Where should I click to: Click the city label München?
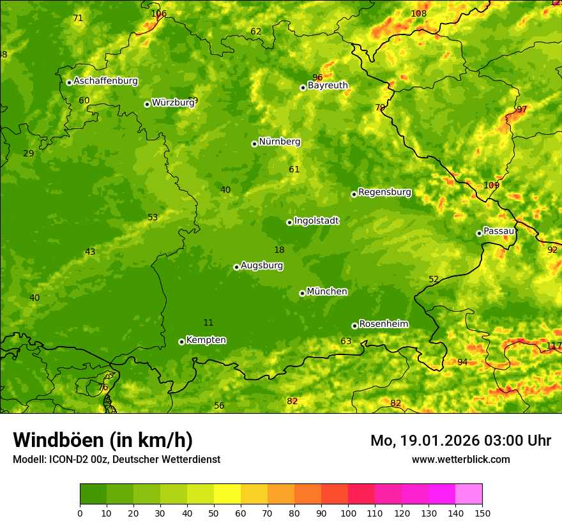[327, 292]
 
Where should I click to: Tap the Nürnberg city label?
[279, 142]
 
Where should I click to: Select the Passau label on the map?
[499, 231]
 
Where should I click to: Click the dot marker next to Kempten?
[181, 342]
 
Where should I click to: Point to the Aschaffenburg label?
[105, 81]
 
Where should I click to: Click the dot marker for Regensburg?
[354, 194]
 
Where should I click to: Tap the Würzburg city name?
[172, 102]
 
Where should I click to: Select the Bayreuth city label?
[328, 86]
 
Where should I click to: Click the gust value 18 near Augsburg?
[279, 250]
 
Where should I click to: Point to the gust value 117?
[554, 345]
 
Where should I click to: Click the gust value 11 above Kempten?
[208, 322]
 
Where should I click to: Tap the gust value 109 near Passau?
[491, 185]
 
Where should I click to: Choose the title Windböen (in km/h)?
[103, 440]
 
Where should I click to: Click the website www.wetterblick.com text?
[460, 459]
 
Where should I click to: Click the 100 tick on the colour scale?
[348, 513]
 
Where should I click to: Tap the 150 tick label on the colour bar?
[482, 513]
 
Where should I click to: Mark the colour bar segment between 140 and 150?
[469, 494]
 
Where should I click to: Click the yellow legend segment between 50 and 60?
[227, 494]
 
